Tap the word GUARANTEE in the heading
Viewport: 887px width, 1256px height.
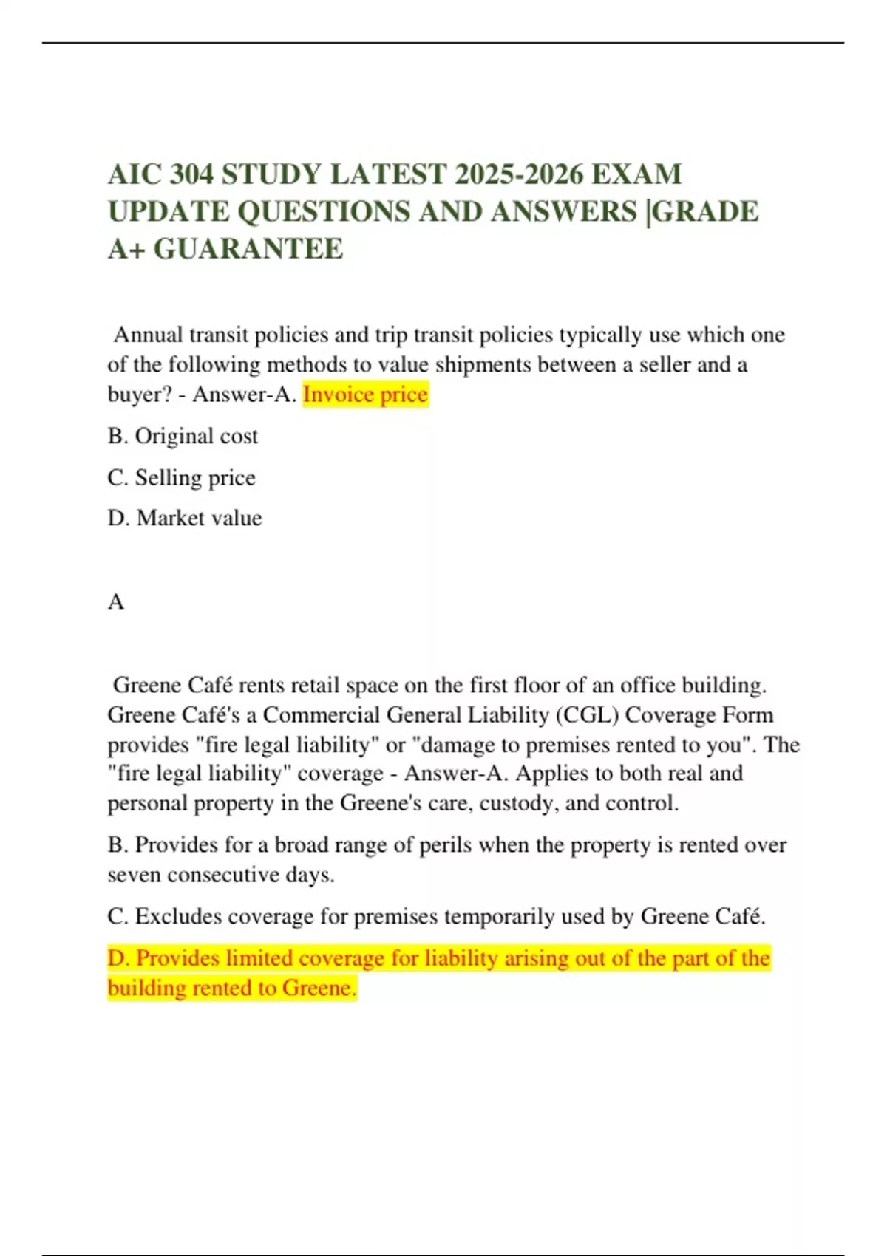pos(248,249)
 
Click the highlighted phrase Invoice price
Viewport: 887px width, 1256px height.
pos(365,395)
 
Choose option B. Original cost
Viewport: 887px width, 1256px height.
pos(183,437)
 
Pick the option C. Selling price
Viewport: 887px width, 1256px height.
pos(181,478)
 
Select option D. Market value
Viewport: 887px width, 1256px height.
pos(185,519)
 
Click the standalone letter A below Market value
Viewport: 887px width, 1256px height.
pos(116,602)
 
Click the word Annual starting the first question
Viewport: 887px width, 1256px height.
pos(148,335)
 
